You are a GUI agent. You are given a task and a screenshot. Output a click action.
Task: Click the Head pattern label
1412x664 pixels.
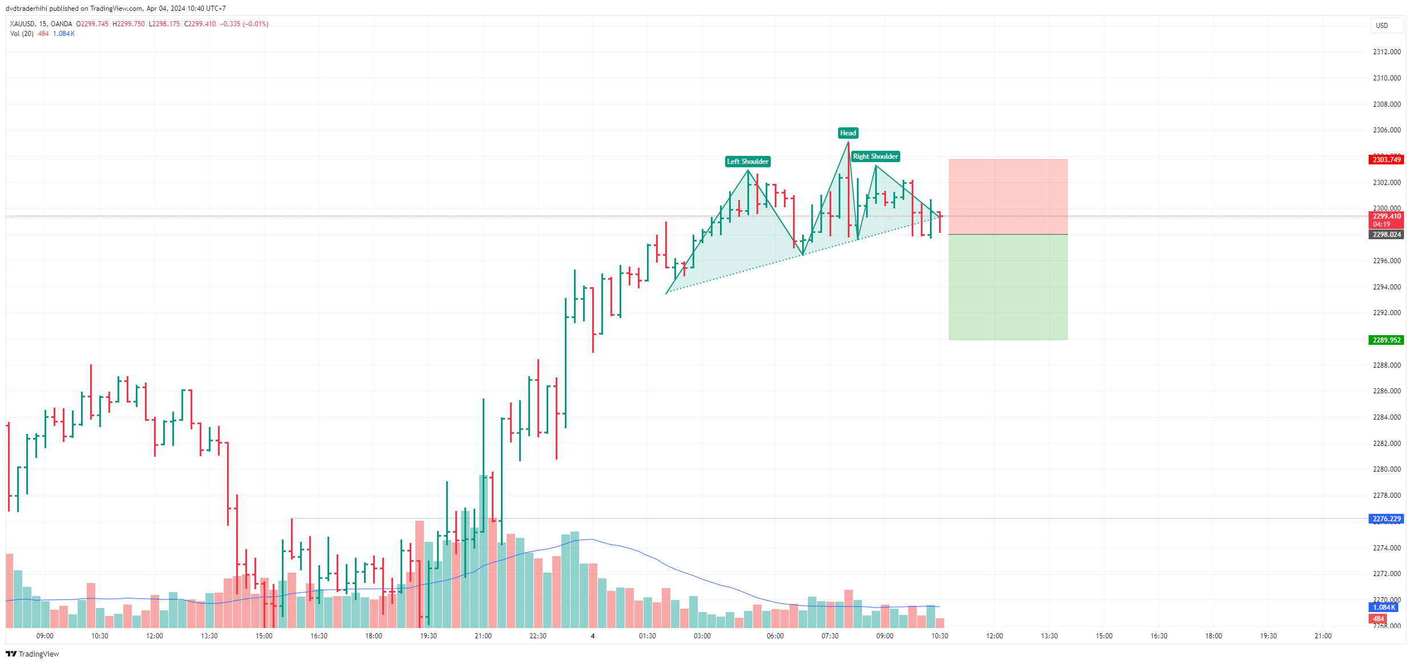tap(848, 133)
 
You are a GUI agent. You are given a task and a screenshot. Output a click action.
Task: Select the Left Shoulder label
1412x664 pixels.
tap(747, 162)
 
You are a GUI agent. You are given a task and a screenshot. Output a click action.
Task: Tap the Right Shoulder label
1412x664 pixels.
tap(875, 156)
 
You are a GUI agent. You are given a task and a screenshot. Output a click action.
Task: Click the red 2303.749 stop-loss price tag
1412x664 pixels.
tap(1386, 160)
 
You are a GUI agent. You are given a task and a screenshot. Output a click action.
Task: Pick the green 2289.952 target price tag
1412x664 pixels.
tap(1386, 340)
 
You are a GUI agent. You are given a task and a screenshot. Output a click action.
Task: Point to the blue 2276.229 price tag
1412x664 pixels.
tap(1386, 519)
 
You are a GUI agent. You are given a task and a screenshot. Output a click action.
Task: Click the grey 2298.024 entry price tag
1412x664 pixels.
tap(1386, 235)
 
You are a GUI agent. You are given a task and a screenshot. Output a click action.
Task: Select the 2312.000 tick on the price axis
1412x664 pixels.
tap(1386, 52)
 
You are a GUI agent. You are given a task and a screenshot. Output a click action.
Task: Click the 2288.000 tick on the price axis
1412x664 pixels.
tap(1386, 365)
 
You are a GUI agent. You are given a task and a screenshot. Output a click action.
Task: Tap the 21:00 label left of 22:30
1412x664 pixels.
tap(483, 636)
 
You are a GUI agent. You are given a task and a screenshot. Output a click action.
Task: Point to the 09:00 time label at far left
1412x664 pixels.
tap(44, 636)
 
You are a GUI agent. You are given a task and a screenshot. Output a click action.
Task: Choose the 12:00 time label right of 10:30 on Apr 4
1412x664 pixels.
tap(994, 636)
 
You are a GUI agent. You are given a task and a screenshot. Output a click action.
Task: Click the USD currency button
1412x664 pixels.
tap(1382, 26)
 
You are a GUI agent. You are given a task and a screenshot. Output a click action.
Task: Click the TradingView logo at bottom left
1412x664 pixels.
tap(33, 654)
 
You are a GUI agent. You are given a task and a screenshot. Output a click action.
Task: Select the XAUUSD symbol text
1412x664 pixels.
tap(23, 24)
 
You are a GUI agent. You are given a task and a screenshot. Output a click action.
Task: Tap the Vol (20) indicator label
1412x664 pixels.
tap(22, 34)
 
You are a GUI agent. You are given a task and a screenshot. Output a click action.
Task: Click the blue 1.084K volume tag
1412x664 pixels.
tap(1384, 607)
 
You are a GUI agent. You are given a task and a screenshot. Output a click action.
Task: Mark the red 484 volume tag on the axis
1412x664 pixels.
tap(1378, 619)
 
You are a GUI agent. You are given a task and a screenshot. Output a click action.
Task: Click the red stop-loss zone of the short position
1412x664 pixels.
tap(1008, 196)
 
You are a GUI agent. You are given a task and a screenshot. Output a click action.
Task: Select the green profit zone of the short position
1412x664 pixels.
tap(1008, 287)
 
